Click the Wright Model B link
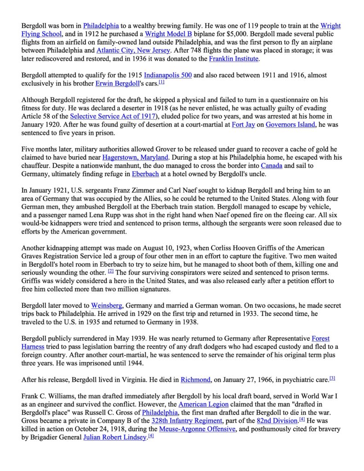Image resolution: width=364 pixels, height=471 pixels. coord(164,34)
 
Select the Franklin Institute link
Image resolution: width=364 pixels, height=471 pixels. coord(234,59)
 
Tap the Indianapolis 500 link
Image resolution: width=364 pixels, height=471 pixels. coord(168,75)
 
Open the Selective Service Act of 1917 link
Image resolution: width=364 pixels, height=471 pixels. coord(113,116)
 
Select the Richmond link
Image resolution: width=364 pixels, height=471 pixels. coord(196,380)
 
